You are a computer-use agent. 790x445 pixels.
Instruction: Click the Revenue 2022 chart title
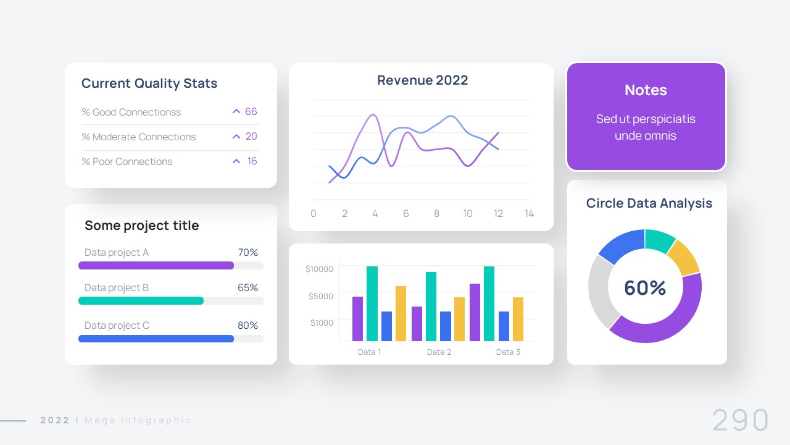coord(422,80)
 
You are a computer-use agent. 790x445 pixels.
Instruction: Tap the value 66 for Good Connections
coord(251,112)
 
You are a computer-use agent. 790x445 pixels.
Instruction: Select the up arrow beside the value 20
coord(236,137)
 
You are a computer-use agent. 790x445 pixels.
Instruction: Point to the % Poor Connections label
coord(127,162)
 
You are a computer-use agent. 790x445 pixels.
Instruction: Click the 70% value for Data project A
coord(247,253)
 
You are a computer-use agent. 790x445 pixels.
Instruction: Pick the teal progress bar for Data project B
coord(141,301)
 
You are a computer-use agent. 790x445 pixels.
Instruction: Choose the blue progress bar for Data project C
coord(156,339)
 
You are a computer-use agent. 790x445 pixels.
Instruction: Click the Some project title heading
coord(142,226)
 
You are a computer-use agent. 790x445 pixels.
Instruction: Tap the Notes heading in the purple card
coord(646,90)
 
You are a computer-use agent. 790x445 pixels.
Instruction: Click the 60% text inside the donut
coord(645,288)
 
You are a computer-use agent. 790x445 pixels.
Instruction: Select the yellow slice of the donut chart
coord(683,257)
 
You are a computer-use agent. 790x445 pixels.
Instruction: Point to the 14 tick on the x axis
coord(529,214)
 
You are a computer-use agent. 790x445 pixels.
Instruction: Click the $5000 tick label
coord(320,296)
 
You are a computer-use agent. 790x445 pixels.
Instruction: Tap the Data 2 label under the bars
coord(439,352)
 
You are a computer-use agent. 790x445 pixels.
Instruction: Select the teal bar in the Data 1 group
coord(372,303)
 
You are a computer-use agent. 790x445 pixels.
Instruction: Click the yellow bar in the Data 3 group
coord(518,319)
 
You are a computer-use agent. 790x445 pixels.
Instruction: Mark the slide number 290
coord(740,420)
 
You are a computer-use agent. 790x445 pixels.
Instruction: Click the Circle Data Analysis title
coord(649,203)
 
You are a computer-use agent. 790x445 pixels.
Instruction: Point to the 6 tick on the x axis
coord(405,214)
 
